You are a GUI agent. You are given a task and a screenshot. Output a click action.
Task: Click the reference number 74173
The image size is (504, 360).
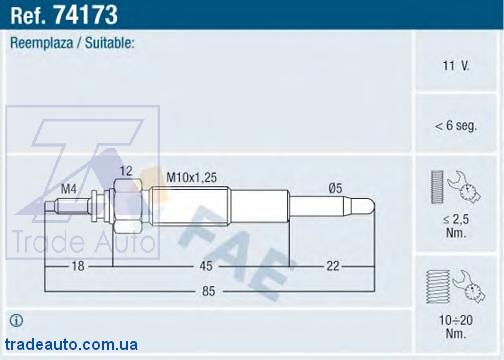tap(85, 15)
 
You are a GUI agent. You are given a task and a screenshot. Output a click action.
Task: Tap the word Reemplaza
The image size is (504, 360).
tap(42, 43)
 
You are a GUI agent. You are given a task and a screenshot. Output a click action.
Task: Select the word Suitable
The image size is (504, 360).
tap(110, 43)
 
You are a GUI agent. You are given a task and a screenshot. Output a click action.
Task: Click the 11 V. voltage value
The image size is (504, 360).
tap(456, 66)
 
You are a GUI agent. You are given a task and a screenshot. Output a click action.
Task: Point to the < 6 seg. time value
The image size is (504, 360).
tap(456, 126)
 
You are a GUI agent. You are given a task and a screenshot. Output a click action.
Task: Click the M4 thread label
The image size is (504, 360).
tap(69, 189)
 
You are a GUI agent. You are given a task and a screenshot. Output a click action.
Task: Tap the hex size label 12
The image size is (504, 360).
tap(126, 171)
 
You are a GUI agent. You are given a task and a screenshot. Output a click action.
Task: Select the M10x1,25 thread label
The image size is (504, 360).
tap(192, 177)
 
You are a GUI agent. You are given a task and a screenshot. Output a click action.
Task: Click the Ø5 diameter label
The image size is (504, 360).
tap(335, 188)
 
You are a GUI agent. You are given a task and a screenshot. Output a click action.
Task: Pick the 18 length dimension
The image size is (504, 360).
tap(78, 266)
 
